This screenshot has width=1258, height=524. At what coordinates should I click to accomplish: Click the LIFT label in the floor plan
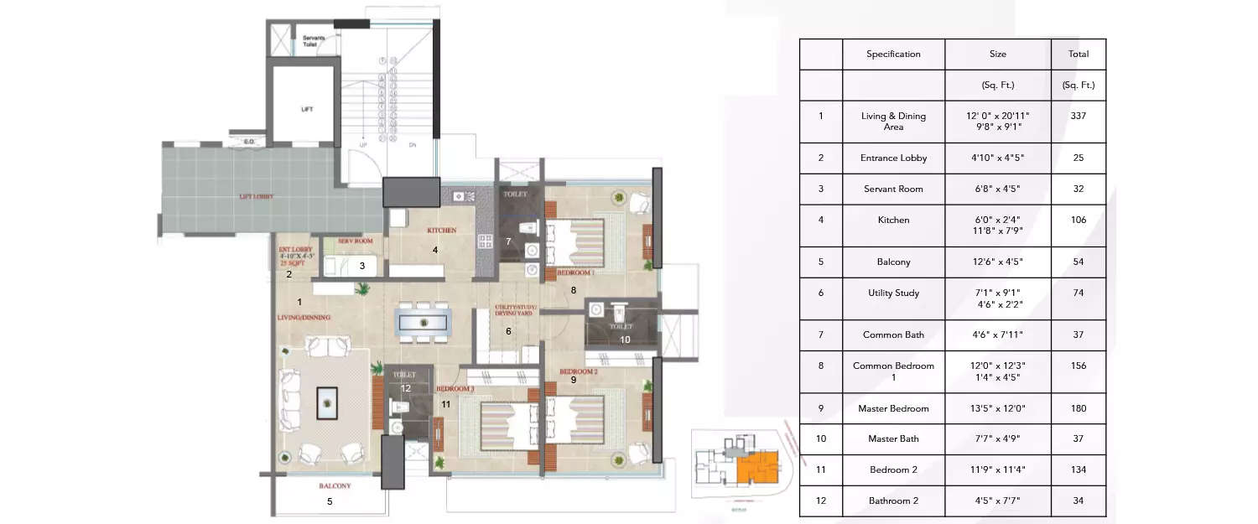(x=307, y=110)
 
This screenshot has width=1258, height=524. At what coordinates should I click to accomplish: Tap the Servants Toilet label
(x=314, y=40)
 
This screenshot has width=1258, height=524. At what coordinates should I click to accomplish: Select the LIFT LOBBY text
(x=257, y=197)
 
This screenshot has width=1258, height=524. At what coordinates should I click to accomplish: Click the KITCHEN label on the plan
(x=441, y=229)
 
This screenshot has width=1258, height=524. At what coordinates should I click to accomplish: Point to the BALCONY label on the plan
(x=335, y=486)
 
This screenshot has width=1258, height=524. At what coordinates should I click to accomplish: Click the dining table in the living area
(x=424, y=322)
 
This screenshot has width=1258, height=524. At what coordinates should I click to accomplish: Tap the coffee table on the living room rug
(x=326, y=403)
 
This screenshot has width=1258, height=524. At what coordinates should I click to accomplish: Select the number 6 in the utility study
(x=507, y=331)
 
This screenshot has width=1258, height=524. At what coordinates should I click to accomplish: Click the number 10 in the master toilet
(x=625, y=340)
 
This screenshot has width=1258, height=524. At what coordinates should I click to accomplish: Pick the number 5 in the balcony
(x=330, y=502)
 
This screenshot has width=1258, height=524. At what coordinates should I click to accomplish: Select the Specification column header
(x=893, y=54)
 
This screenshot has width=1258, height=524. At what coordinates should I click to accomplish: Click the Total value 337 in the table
(x=1079, y=116)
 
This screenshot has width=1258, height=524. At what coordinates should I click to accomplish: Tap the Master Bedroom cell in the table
(x=893, y=408)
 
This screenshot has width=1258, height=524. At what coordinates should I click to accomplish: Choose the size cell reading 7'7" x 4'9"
(x=998, y=438)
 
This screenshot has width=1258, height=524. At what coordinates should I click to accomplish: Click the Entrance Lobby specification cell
(x=893, y=158)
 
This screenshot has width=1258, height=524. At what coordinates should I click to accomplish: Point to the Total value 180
(x=1079, y=408)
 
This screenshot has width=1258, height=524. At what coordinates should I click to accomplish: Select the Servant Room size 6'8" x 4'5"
(x=998, y=189)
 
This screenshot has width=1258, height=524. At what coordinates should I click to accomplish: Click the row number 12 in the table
(x=820, y=501)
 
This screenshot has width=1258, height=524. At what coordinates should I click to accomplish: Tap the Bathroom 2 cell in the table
(x=893, y=501)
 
